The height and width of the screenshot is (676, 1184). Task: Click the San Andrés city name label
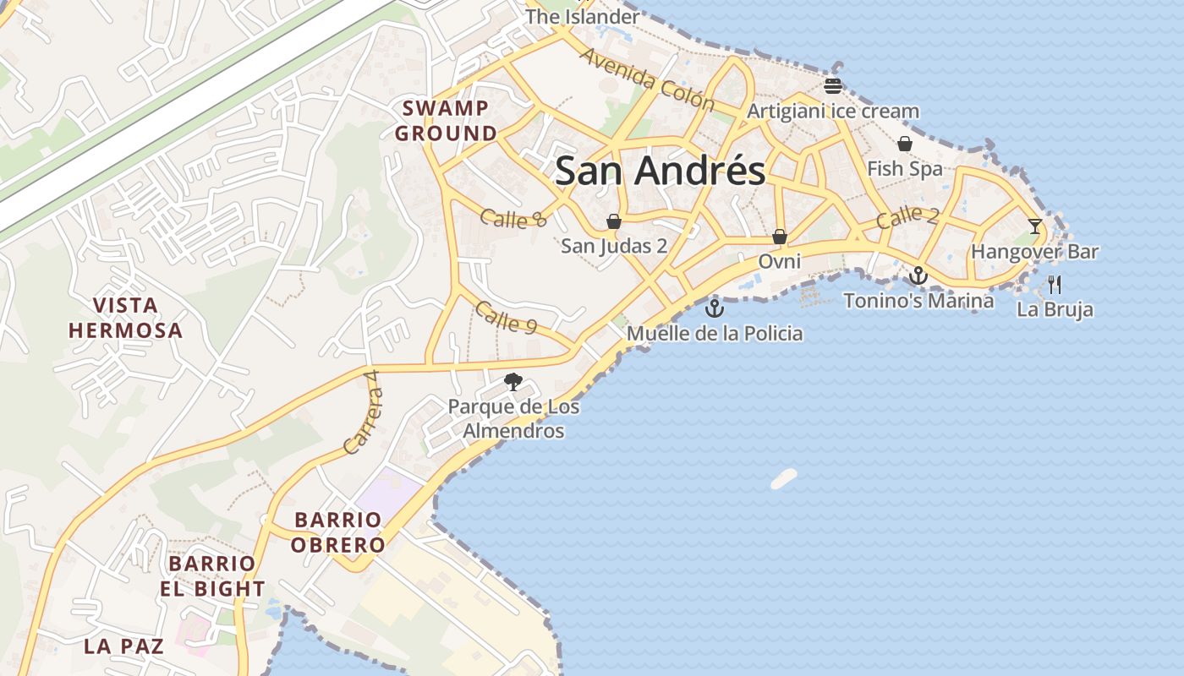(660, 171)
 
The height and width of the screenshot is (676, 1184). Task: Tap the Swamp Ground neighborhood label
(446, 121)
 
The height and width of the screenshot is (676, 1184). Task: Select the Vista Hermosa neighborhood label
(125, 318)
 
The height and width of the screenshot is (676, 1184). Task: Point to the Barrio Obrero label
(338, 532)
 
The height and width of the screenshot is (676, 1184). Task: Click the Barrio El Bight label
(212, 576)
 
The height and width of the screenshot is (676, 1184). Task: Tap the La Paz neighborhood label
(123, 646)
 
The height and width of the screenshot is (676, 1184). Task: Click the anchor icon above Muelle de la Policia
(715, 308)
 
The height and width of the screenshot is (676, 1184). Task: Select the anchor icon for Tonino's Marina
(918, 275)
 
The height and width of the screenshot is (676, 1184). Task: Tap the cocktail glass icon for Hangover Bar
(1035, 226)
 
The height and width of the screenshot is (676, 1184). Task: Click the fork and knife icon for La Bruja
(1055, 284)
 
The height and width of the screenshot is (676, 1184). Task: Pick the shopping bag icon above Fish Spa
(905, 144)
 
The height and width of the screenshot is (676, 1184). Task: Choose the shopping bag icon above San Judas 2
(614, 221)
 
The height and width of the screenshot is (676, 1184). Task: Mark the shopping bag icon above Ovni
(780, 237)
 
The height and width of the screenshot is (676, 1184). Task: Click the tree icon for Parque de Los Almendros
(513, 382)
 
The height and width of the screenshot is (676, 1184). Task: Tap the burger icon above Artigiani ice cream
(833, 85)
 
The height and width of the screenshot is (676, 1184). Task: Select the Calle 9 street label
(506, 317)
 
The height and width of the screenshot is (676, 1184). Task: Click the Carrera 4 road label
(364, 420)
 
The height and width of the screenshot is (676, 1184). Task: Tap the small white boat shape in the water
(784, 479)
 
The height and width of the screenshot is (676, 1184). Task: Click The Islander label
(583, 17)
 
